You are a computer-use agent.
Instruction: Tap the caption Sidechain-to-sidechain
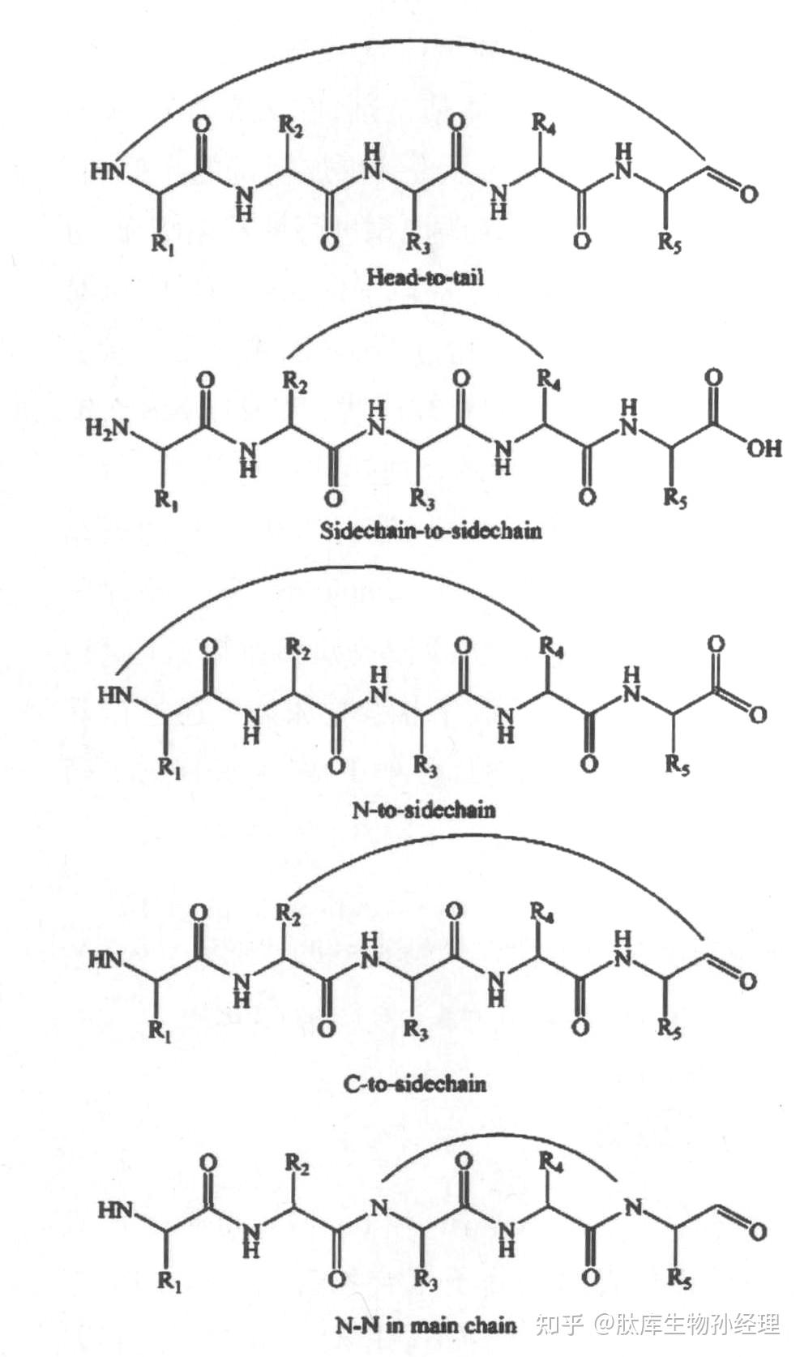click(x=430, y=531)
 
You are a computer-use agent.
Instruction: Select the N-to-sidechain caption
click(x=423, y=809)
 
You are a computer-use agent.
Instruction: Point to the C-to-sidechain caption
click(x=415, y=1083)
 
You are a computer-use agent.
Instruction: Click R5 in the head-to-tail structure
click(x=670, y=242)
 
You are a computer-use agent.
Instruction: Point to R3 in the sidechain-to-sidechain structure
click(x=421, y=498)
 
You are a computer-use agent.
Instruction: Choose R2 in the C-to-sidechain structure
click(x=289, y=914)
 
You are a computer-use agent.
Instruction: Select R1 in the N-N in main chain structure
click(x=169, y=1282)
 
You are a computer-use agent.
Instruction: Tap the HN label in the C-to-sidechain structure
click(x=105, y=960)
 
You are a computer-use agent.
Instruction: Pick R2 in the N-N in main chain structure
click(x=297, y=1165)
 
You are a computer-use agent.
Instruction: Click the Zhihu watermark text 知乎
click(x=559, y=1325)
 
